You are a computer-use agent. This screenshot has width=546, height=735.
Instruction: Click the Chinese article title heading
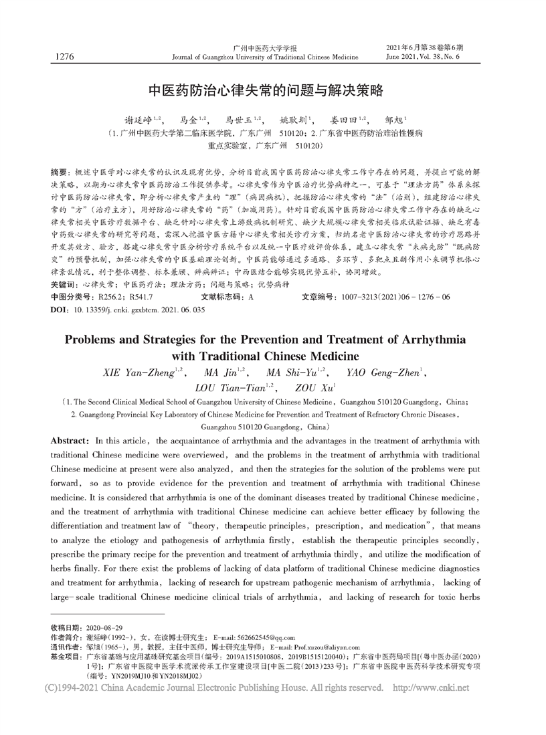coord(272,90)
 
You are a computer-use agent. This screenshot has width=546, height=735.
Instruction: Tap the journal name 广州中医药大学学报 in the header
coord(265,48)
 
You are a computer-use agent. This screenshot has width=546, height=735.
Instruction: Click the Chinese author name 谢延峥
coord(137,120)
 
